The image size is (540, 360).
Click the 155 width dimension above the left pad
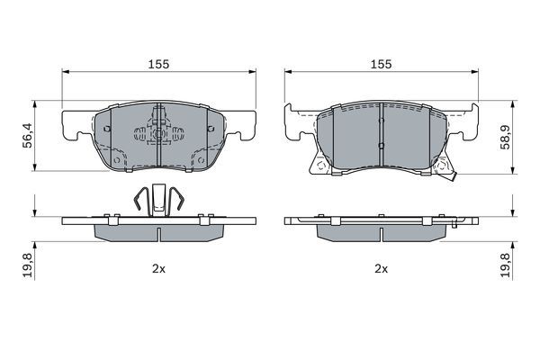coord(158,64)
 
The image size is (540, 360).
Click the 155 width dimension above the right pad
coord(381,64)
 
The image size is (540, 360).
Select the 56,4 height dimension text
coord(27,135)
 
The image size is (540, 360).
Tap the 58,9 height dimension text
coord(506,137)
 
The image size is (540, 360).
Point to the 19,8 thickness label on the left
coord(27,265)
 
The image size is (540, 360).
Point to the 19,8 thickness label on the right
coord(506,265)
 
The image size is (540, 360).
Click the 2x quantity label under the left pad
coord(158,269)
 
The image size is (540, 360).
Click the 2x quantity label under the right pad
coord(382,269)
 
